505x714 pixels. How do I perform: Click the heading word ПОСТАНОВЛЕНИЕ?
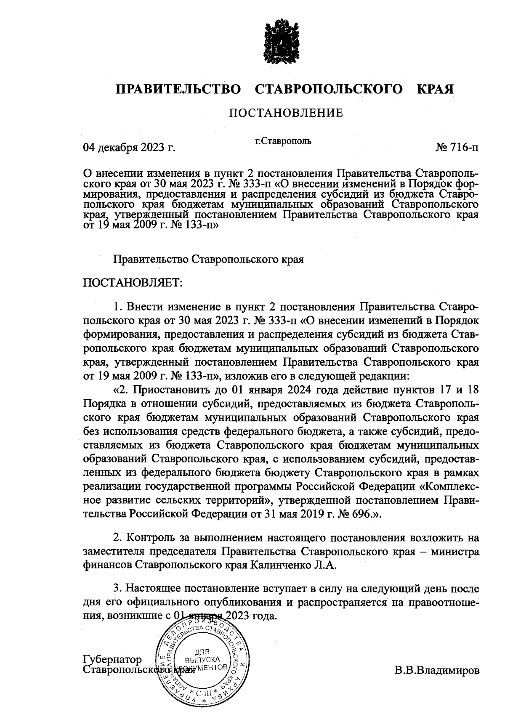pos(286,113)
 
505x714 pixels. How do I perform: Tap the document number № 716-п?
pos(457,148)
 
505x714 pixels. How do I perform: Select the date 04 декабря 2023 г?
pos(129,148)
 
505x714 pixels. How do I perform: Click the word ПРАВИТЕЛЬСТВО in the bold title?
pos(178,89)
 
